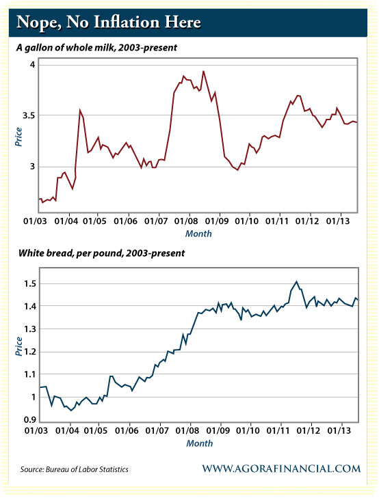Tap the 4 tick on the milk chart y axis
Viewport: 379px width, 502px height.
pyautogui.click(x=31, y=64)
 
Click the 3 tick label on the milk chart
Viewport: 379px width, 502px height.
pyautogui.click(x=31, y=167)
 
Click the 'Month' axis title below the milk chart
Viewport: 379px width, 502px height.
pyautogui.click(x=198, y=234)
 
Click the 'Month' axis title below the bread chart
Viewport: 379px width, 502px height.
pyautogui.click(x=198, y=443)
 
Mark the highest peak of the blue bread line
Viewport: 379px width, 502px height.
pyautogui.click(x=296, y=281)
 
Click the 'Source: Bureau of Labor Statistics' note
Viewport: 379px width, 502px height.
pyautogui.click(x=75, y=469)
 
